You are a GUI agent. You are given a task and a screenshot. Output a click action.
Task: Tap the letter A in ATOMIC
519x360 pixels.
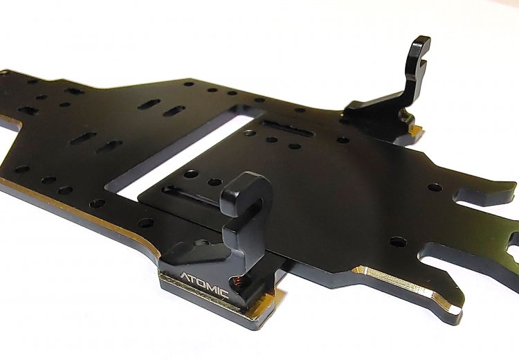[x=185, y=277]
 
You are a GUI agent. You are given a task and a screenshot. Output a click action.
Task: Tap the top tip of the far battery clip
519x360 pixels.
[x=421, y=39]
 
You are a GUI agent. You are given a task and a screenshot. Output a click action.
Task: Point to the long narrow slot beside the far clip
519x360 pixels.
[x=288, y=129]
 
